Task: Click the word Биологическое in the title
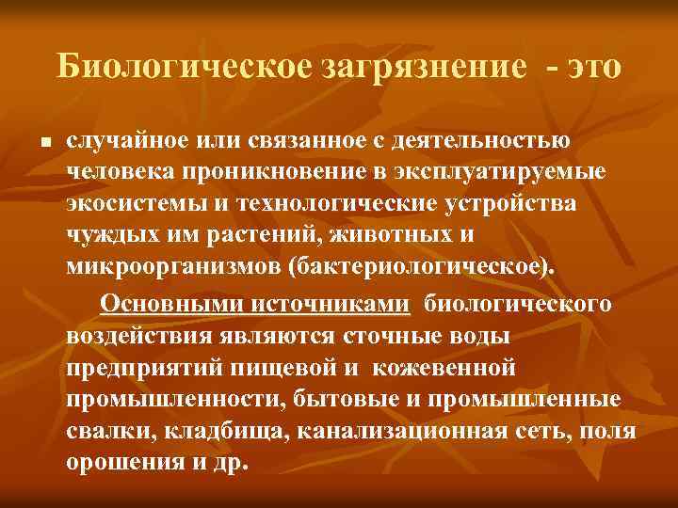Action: pyautogui.click(x=181, y=67)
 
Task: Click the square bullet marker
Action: pyautogui.click(x=33, y=144)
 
